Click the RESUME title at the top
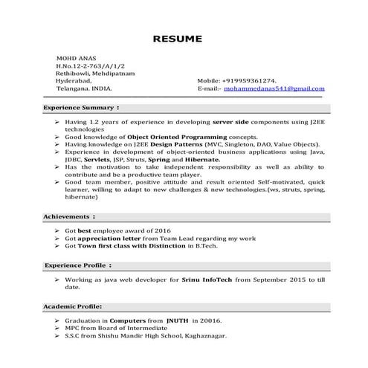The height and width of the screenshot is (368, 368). (184, 38)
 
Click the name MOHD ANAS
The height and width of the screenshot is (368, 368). (72, 58)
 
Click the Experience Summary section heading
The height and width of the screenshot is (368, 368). (82, 108)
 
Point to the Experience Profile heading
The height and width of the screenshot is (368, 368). (77, 265)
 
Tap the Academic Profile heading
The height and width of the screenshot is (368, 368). (73, 306)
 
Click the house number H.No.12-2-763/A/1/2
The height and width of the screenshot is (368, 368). (86, 65)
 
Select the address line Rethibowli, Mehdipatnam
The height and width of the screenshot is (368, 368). (92, 73)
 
